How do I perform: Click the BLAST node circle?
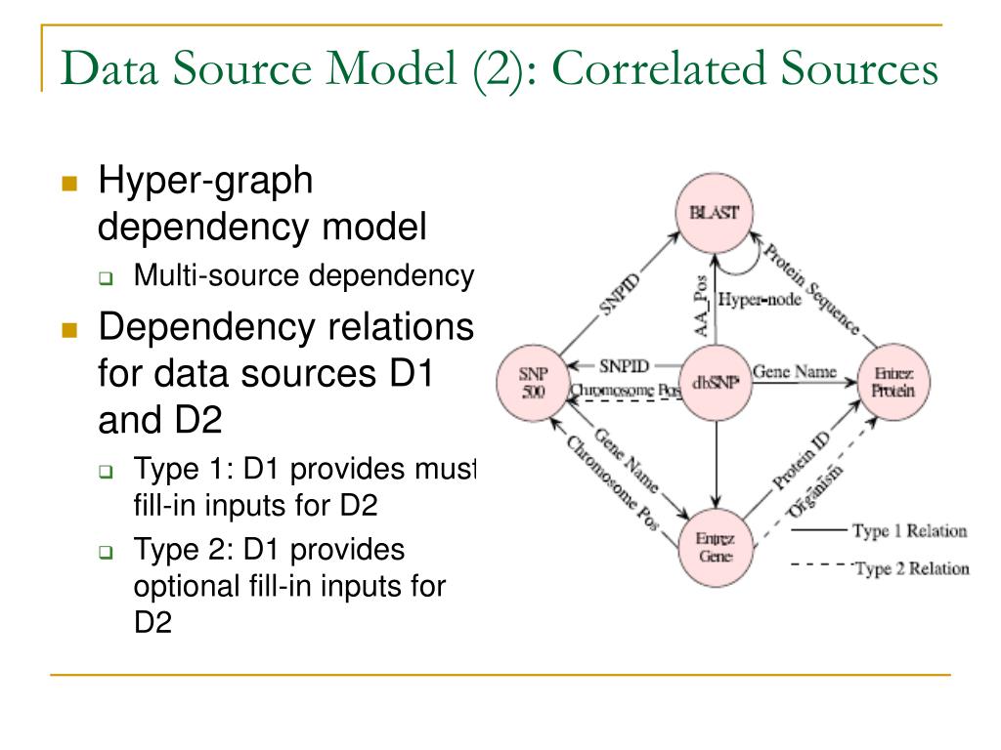[x=715, y=213]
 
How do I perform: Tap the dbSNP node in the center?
[x=715, y=382]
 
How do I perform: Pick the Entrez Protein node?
[x=894, y=382]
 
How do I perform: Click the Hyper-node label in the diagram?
[x=760, y=300]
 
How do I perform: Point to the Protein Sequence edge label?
[x=810, y=288]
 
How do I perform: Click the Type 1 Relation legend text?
[x=909, y=531]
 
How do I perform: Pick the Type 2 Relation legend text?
[x=911, y=568]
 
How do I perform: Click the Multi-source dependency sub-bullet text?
[x=303, y=276]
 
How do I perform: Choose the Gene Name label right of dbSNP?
[x=793, y=372]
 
